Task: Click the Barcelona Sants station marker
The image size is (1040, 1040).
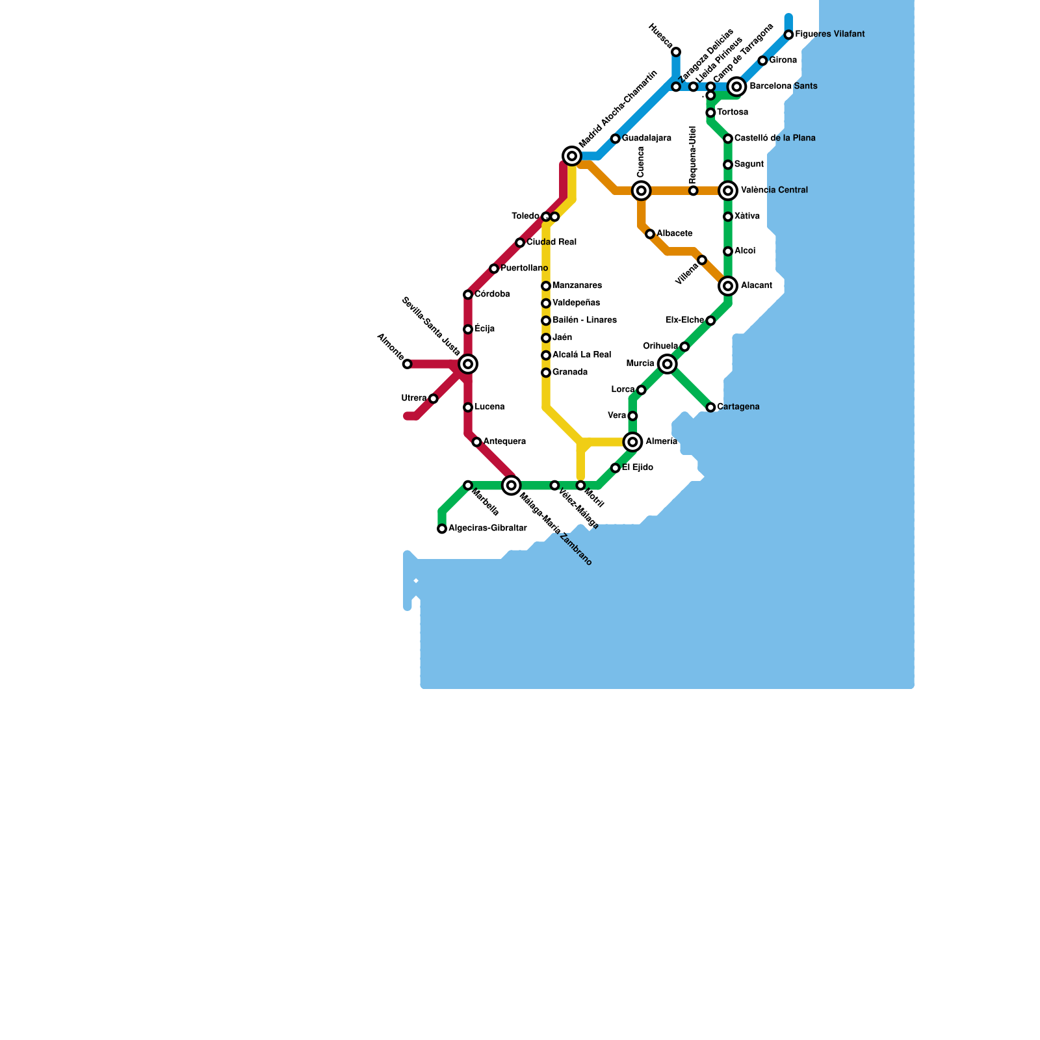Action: click(x=736, y=86)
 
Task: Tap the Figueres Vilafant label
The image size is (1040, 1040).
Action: click(x=829, y=34)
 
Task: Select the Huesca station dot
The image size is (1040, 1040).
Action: click(x=676, y=52)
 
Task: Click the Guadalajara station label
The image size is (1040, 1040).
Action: click(x=646, y=138)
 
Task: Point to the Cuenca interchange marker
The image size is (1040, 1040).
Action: click(x=642, y=190)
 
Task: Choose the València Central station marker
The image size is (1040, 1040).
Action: click(x=728, y=190)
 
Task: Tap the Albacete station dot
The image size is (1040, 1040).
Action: click(x=650, y=234)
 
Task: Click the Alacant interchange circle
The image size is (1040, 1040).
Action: click(x=728, y=286)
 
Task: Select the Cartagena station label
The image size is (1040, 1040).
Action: click(x=738, y=407)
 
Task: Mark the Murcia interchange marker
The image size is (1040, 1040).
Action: click(x=668, y=364)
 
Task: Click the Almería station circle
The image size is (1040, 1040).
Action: click(x=632, y=442)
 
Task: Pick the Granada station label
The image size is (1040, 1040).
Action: click(x=570, y=372)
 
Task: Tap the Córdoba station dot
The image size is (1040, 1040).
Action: click(x=468, y=294)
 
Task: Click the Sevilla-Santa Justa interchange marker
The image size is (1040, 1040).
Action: click(x=468, y=364)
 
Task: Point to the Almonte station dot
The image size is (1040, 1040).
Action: click(x=407, y=364)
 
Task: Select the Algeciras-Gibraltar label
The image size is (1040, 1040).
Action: click(x=487, y=528)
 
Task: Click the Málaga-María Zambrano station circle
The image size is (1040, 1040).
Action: click(x=512, y=485)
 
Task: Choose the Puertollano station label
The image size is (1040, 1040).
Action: click(x=524, y=268)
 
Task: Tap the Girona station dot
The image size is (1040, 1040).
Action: click(x=762, y=60)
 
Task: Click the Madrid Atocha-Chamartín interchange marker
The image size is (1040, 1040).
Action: click(x=572, y=156)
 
